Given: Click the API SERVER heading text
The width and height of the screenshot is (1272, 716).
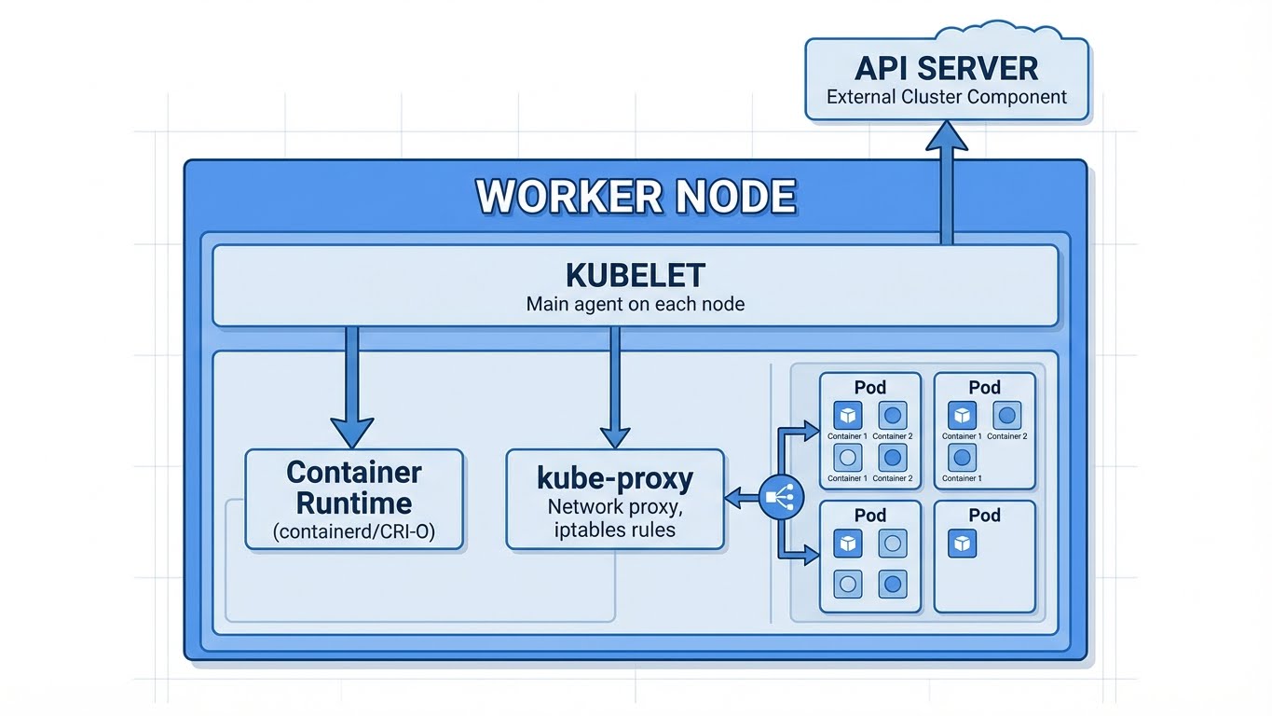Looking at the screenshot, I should point(946,68).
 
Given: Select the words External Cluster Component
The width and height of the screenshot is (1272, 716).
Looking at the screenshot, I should point(946,97).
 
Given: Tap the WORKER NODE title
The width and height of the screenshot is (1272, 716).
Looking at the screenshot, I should point(636,197).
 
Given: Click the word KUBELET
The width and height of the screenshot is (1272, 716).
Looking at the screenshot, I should point(635,276).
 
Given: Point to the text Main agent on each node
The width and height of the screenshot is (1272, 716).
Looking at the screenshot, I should point(635,304).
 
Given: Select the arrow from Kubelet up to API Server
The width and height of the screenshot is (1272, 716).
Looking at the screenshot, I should point(947,186).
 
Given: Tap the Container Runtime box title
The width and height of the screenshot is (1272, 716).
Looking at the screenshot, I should point(354,488).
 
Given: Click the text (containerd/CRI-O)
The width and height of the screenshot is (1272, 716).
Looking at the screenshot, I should point(354,533).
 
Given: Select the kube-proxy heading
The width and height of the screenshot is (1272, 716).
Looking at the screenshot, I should point(615,479).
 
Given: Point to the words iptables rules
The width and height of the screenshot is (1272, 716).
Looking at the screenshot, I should point(615,530).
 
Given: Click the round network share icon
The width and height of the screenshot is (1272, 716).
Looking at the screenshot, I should point(781,498).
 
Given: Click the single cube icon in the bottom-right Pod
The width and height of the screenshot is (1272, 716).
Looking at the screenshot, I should point(962,544).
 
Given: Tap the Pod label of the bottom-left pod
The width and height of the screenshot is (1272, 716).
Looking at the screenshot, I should point(869,516).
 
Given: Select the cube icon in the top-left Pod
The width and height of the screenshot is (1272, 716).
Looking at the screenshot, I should point(847,415).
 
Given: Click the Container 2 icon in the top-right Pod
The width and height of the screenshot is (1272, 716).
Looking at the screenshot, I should point(1006,415).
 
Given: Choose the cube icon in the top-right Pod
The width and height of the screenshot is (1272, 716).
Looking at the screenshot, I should point(962,415).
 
